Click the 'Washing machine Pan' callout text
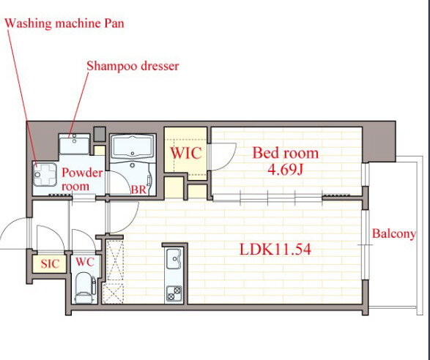64,23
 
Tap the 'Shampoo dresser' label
133,66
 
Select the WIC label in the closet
186,153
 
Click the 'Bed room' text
286,153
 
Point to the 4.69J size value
285,170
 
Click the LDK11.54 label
275,250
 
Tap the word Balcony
394,234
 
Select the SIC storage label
50,264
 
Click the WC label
85,262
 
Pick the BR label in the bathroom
138,190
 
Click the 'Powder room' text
82,179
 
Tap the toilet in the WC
84,288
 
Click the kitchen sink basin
174,259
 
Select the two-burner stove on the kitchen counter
174,293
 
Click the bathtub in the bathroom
133,147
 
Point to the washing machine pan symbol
45,174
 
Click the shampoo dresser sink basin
74,145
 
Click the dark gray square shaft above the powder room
100,134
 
